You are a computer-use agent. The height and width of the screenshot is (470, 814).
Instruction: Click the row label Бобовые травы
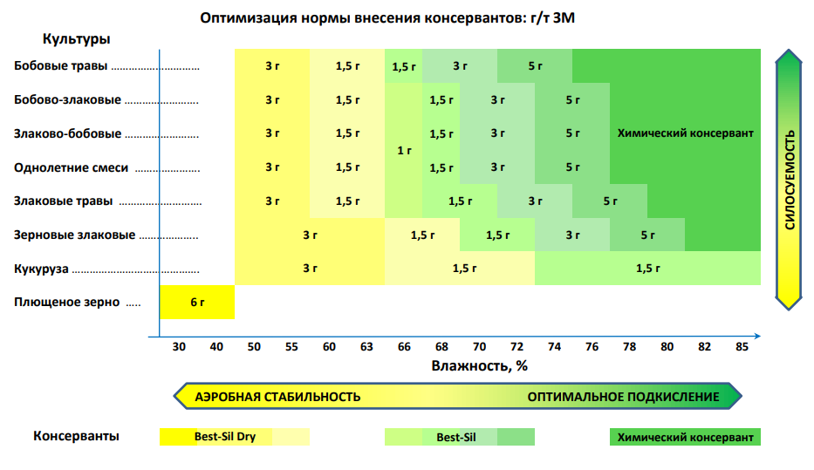(61, 66)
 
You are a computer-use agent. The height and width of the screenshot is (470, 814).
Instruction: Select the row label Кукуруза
(41, 269)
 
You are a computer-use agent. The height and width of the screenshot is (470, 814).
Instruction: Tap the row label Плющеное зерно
(66, 303)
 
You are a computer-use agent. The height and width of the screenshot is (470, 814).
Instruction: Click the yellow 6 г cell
(197, 303)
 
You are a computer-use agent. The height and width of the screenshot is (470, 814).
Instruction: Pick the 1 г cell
(404, 151)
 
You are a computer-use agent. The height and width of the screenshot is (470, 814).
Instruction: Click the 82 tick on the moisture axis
(704, 347)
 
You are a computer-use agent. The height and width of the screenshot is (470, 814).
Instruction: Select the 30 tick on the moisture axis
(179, 347)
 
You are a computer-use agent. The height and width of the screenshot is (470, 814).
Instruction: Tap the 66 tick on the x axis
(404, 347)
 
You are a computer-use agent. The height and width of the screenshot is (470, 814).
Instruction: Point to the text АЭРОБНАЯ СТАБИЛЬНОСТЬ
(277, 397)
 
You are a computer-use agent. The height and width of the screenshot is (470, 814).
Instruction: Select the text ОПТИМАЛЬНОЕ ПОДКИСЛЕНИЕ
(623, 397)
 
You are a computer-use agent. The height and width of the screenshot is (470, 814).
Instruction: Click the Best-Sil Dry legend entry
(224, 437)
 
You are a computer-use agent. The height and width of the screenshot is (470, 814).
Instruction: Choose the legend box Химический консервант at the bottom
(684, 437)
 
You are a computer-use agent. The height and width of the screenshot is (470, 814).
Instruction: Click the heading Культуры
(76, 39)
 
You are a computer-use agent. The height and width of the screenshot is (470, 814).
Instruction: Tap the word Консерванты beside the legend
(77, 436)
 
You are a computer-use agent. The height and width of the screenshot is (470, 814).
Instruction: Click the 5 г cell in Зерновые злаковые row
(647, 235)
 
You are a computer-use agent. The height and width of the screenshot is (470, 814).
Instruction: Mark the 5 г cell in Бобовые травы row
(535, 66)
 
